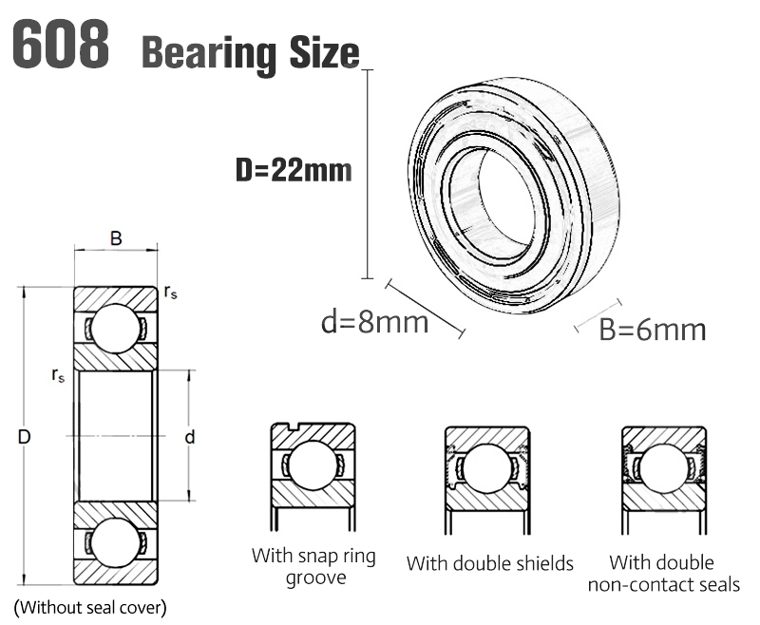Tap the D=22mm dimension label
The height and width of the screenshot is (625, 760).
pyautogui.click(x=294, y=171)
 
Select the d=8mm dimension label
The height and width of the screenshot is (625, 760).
pyautogui.click(x=374, y=322)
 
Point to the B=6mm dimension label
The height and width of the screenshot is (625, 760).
pyautogui.click(x=653, y=330)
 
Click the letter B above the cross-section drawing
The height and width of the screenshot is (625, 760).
pyautogui.click(x=116, y=238)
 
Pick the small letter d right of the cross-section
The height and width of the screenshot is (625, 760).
pyautogui.click(x=189, y=438)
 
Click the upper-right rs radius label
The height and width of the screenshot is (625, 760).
pyautogui.click(x=171, y=294)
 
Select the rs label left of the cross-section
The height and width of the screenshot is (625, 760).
pyautogui.click(x=59, y=374)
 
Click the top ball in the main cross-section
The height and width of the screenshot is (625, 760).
pyautogui.click(x=116, y=328)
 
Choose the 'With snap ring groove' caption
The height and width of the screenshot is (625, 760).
pyautogui.click(x=313, y=566)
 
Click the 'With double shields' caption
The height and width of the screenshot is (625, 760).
pyautogui.click(x=490, y=563)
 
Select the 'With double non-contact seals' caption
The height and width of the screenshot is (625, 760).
pyautogui.click(x=663, y=573)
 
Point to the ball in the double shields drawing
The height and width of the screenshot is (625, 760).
pyautogui.click(x=487, y=468)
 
